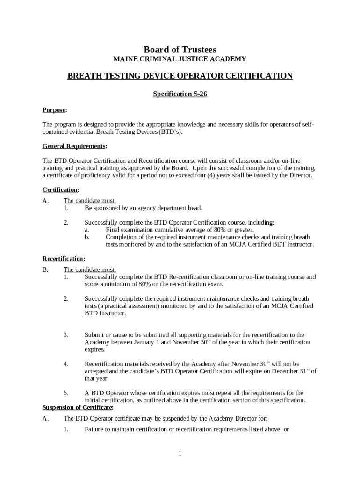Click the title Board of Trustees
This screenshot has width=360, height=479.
[x=180, y=50]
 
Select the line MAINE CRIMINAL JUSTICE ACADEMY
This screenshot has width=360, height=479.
[x=180, y=59]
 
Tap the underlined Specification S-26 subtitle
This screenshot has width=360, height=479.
[x=180, y=94]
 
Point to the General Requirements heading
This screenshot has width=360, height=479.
[x=74, y=146]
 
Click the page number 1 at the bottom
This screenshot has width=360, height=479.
[x=180, y=454]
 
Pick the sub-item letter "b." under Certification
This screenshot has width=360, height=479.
[x=87, y=237]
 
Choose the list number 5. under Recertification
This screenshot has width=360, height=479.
[x=66, y=393]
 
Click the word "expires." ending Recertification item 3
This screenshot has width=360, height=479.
[x=94, y=349]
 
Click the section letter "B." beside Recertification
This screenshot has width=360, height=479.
[x=45, y=269]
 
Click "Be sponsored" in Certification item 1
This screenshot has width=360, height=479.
[x=102, y=208]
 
